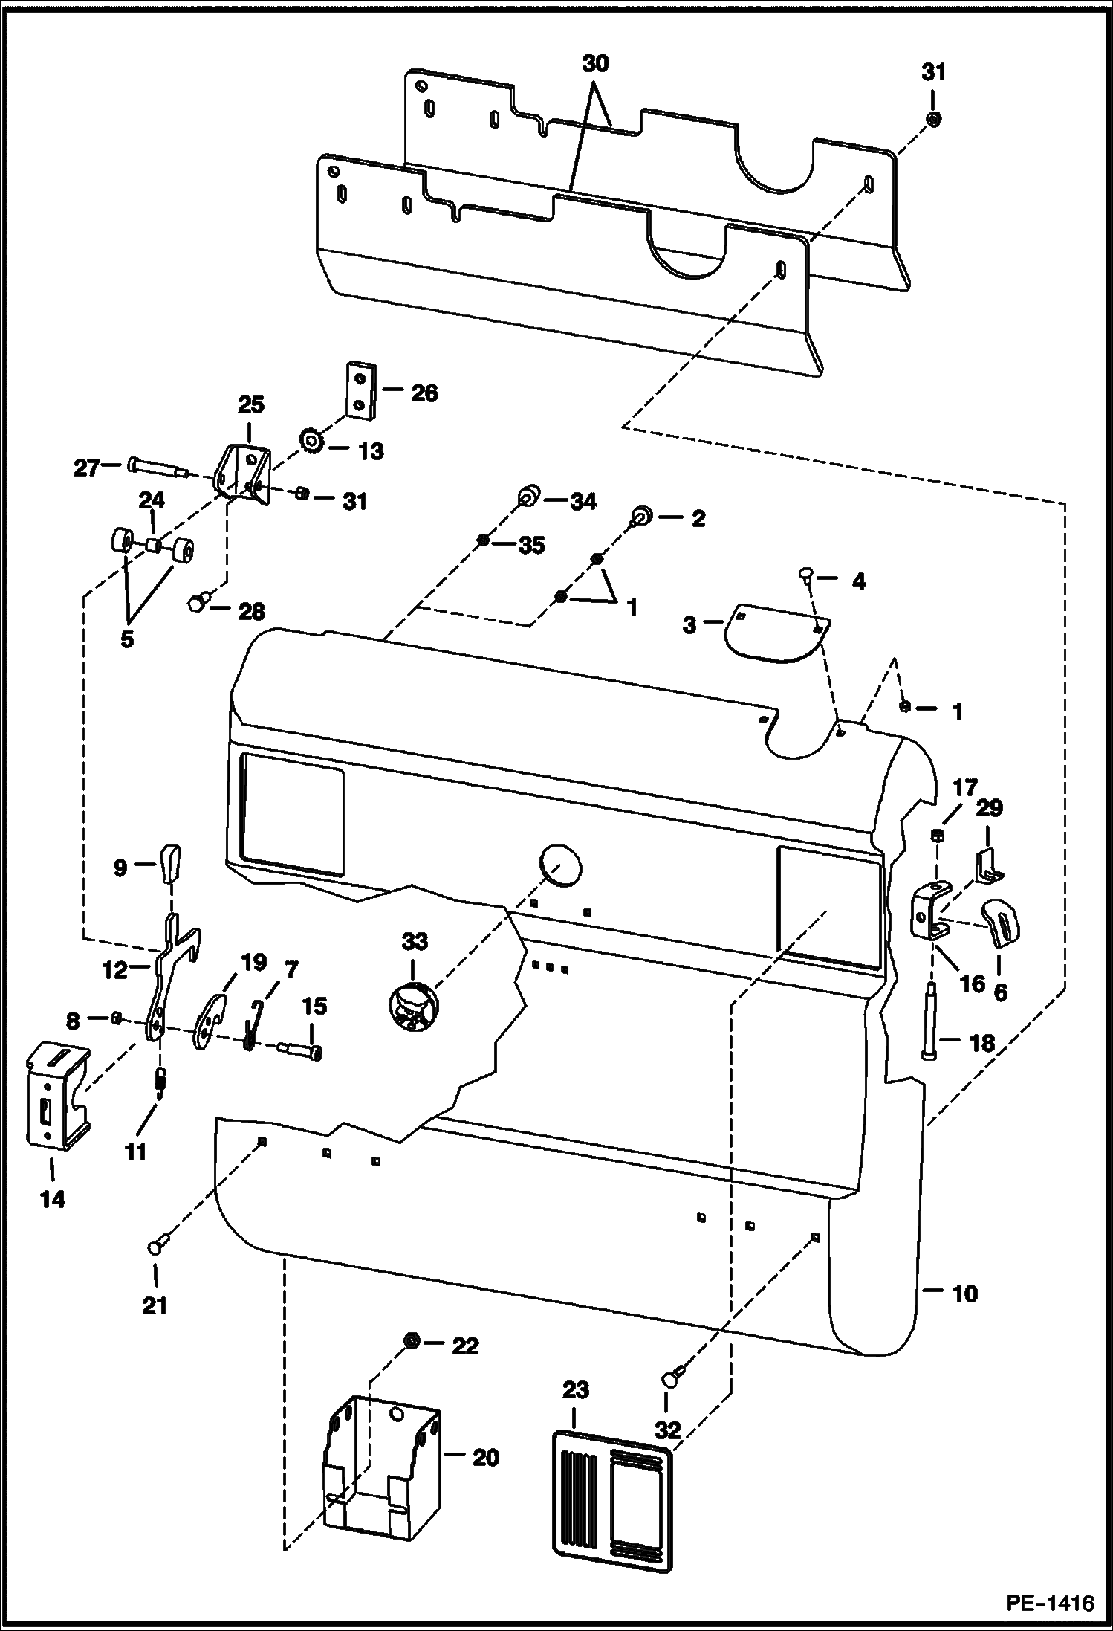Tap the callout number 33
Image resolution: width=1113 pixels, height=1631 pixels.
coord(415,942)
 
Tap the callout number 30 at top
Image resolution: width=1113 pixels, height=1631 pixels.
coord(595,64)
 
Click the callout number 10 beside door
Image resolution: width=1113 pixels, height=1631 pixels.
coord(964,1294)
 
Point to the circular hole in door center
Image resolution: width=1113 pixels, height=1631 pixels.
coord(559,864)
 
